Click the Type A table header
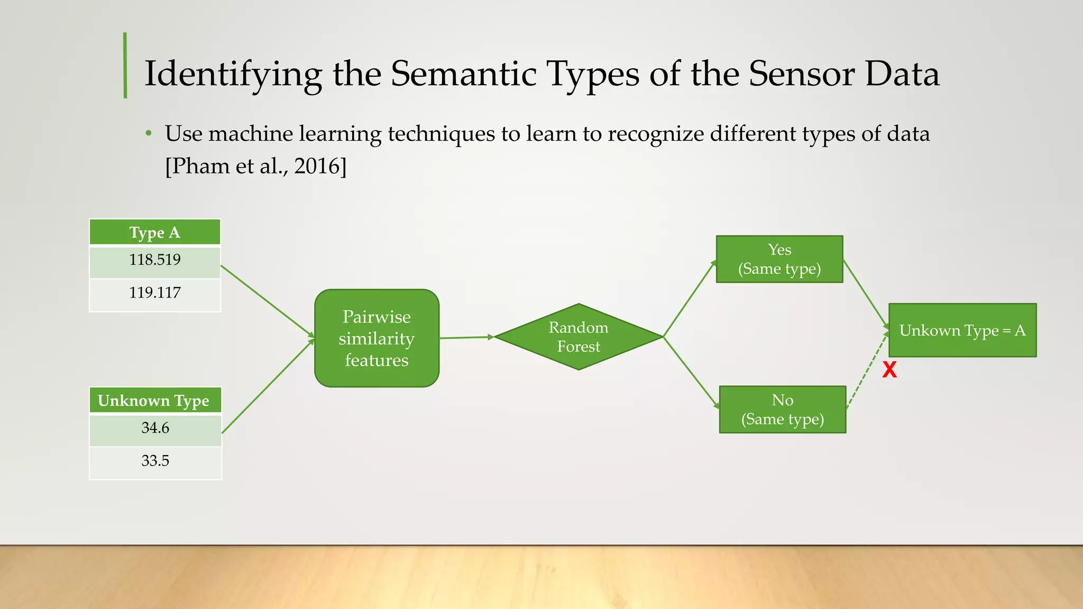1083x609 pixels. pyautogui.click(x=155, y=233)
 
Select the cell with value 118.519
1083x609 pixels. pyautogui.click(x=155, y=261)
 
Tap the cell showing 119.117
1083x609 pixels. pyautogui.click(x=155, y=293)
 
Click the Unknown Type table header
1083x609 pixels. pyautogui.click(x=154, y=401)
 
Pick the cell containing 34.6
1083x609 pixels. pyautogui.click(x=155, y=429)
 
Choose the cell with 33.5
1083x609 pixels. pyautogui.click(x=155, y=462)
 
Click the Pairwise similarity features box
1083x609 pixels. pyautogui.click(x=377, y=338)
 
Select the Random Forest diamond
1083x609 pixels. pyautogui.click(x=579, y=337)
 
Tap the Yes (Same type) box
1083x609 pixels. pyautogui.click(x=779, y=259)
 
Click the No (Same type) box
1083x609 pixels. pyautogui.click(x=783, y=410)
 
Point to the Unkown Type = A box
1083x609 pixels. pyautogui.click(x=962, y=330)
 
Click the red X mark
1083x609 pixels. pyautogui.click(x=889, y=370)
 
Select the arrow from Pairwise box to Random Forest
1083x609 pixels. pyautogui.click(x=465, y=337)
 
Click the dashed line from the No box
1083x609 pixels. pyautogui.click(x=867, y=370)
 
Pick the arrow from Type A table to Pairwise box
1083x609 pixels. pyautogui.click(x=267, y=301)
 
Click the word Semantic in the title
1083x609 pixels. pyautogui.click(x=463, y=73)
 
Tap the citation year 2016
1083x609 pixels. pyautogui.click(x=316, y=167)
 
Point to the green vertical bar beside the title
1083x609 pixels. pyautogui.click(x=125, y=66)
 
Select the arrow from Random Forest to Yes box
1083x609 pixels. pyautogui.click(x=689, y=299)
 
